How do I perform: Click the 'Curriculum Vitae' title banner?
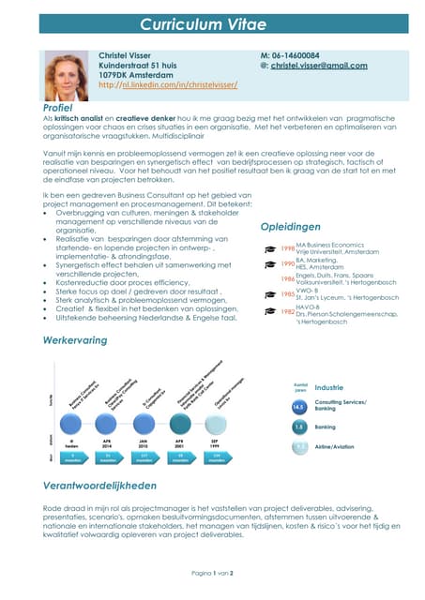(x=212, y=24)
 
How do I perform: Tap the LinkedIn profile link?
(x=167, y=84)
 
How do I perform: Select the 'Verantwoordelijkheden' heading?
(x=99, y=486)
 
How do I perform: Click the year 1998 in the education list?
(x=287, y=248)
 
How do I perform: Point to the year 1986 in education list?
(x=287, y=279)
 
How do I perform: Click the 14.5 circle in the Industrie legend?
(x=299, y=407)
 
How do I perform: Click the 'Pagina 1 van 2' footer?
(x=212, y=571)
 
